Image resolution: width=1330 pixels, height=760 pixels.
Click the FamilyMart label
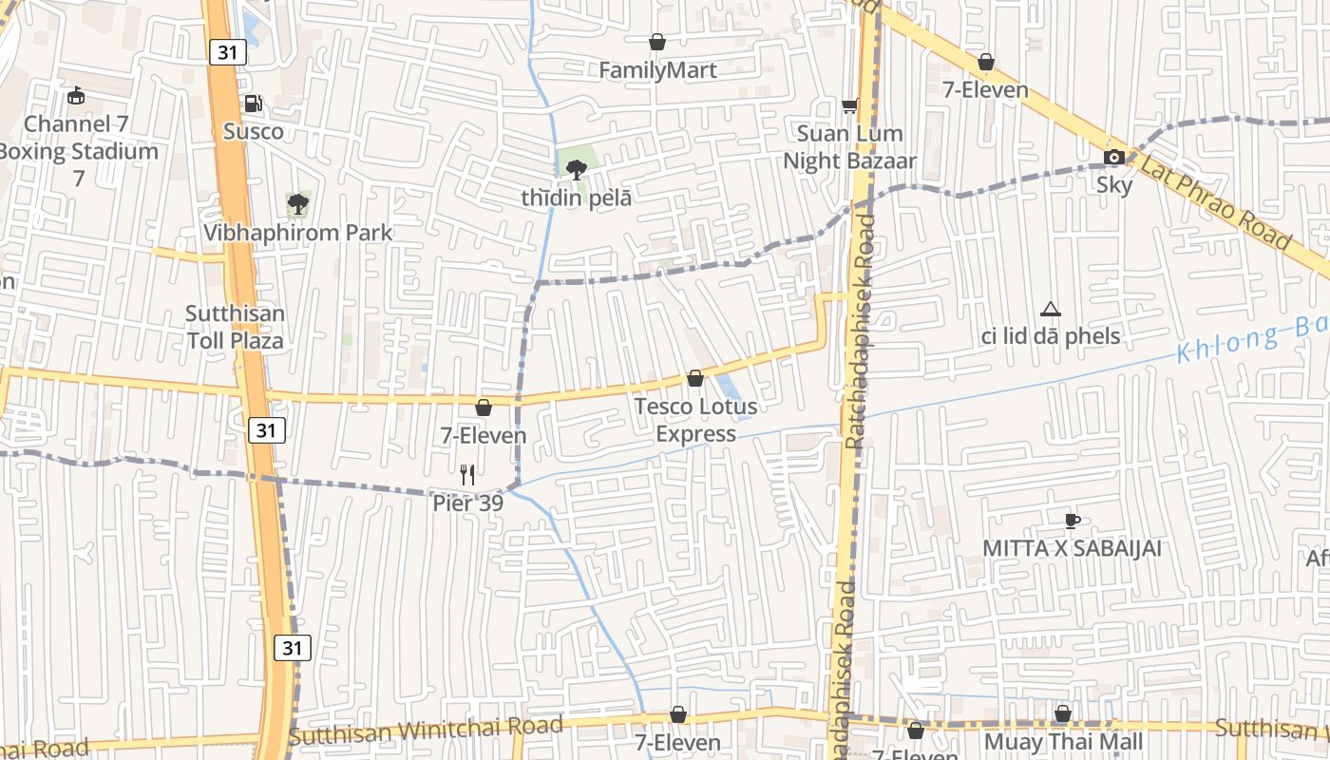coord(657,70)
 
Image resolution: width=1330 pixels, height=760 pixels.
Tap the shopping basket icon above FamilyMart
coord(656,42)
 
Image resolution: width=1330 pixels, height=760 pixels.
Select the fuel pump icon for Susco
coord(253,104)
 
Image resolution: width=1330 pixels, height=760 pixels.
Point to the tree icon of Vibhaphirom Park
coord(297,203)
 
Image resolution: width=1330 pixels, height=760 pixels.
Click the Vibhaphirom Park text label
coord(297,233)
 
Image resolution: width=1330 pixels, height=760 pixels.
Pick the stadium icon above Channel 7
coord(76,95)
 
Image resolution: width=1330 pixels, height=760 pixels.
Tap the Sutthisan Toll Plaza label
coord(235,327)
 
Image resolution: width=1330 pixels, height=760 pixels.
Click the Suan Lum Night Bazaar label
coord(849,147)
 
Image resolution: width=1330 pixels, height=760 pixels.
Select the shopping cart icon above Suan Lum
coord(849,105)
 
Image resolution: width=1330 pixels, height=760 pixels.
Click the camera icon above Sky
coord(1113,157)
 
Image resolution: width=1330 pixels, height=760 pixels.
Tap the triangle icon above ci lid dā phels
coord(1050,309)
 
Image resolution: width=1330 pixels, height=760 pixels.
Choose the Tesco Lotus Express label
coord(695,420)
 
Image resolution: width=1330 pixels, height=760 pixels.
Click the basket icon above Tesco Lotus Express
coord(695,378)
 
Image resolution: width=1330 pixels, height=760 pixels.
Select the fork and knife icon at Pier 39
coord(467,474)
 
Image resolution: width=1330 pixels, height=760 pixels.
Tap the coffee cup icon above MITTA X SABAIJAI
coord(1072,521)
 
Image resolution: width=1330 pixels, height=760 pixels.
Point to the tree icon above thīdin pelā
coord(576,170)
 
